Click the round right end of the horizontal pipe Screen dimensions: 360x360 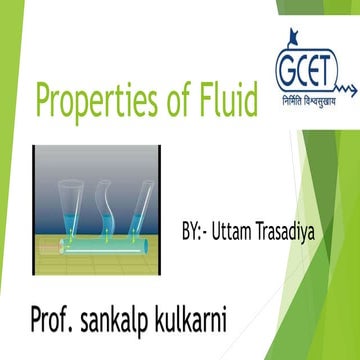coord(163,243)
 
